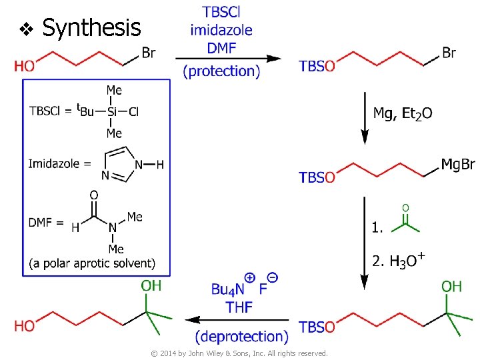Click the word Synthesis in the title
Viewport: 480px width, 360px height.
[x=91, y=27]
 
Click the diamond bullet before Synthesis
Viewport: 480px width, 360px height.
[x=26, y=29]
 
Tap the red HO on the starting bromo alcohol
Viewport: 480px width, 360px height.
[x=25, y=66]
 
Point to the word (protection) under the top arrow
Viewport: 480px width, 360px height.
[x=221, y=71]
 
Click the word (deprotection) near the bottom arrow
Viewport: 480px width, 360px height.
[x=242, y=337]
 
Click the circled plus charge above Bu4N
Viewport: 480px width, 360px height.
[x=250, y=277]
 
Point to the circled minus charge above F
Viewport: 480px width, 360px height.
[x=273, y=277]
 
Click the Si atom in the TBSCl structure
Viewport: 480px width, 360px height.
[x=112, y=111]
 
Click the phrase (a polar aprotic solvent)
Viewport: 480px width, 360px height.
[x=92, y=264]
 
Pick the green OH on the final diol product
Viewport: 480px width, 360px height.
[x=151, y=286]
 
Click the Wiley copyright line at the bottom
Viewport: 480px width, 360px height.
[x=239, y=353]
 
